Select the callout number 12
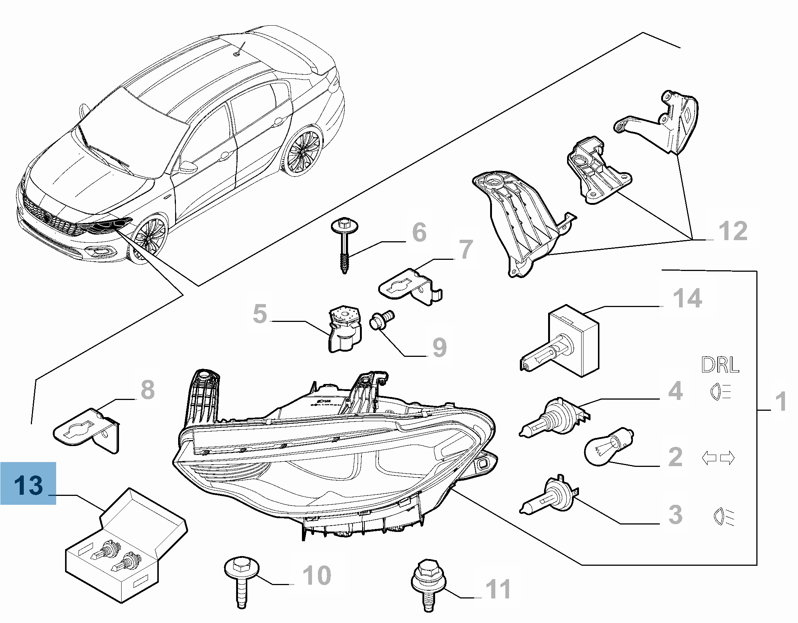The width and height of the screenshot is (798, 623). click(x=733, y=231)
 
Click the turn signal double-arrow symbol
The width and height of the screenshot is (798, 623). click(x=718, y=458)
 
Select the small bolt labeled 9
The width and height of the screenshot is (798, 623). click(x=380, y=319)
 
